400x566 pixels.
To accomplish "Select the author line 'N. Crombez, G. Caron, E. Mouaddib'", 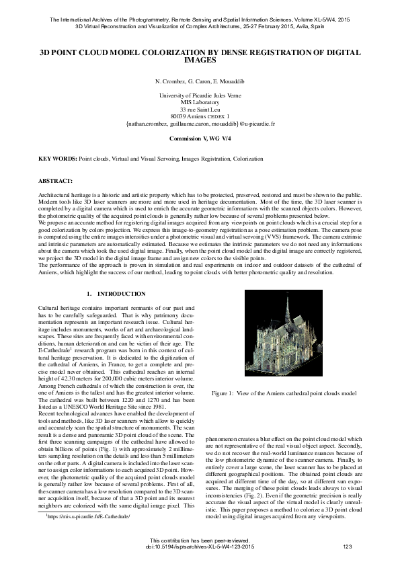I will point(200,81).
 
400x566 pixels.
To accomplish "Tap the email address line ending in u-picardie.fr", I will point(200,124).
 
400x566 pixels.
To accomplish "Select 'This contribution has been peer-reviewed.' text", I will point(200,540).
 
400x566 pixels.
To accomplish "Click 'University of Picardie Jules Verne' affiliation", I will point(200,97).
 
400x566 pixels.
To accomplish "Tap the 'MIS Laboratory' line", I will point(200,104).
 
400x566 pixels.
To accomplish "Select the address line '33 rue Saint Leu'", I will point(200,110).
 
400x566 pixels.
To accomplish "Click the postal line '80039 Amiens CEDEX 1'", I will point(200,117).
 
